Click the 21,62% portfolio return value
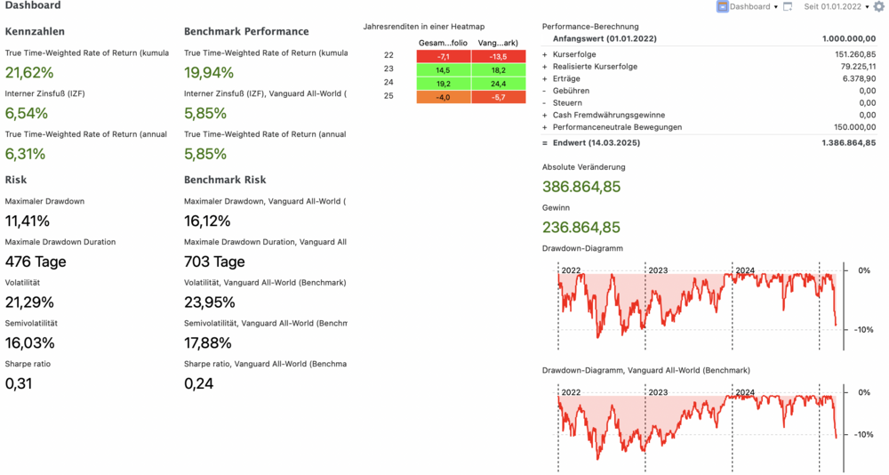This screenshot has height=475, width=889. tap(29, 73)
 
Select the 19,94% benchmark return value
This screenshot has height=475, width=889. tap(209, 73)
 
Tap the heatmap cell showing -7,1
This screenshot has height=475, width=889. tap(444, 56)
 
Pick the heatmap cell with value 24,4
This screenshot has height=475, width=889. tap(498, 84)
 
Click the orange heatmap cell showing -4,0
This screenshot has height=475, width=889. tap(444, 97)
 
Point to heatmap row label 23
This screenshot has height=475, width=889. tap(388, 69)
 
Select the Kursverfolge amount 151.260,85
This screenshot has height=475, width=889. tap(850, 54)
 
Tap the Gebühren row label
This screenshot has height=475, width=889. tap(571, 91)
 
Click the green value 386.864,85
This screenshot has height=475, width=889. tap(581, 187)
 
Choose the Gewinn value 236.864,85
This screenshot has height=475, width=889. tap(581, 228)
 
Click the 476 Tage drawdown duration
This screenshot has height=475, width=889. tap(36, 262)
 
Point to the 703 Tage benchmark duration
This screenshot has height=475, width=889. tap(214, 262)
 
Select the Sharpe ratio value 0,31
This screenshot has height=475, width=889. tap(19, 384)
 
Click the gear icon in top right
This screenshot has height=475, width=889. tap(879, 6)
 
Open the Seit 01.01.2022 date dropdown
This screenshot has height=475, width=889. tap(837, 6)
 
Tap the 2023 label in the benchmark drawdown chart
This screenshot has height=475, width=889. tap(658, 392)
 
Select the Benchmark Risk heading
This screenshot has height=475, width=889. tap(225, 180)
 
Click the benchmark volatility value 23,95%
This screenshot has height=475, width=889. tap(209, 302)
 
